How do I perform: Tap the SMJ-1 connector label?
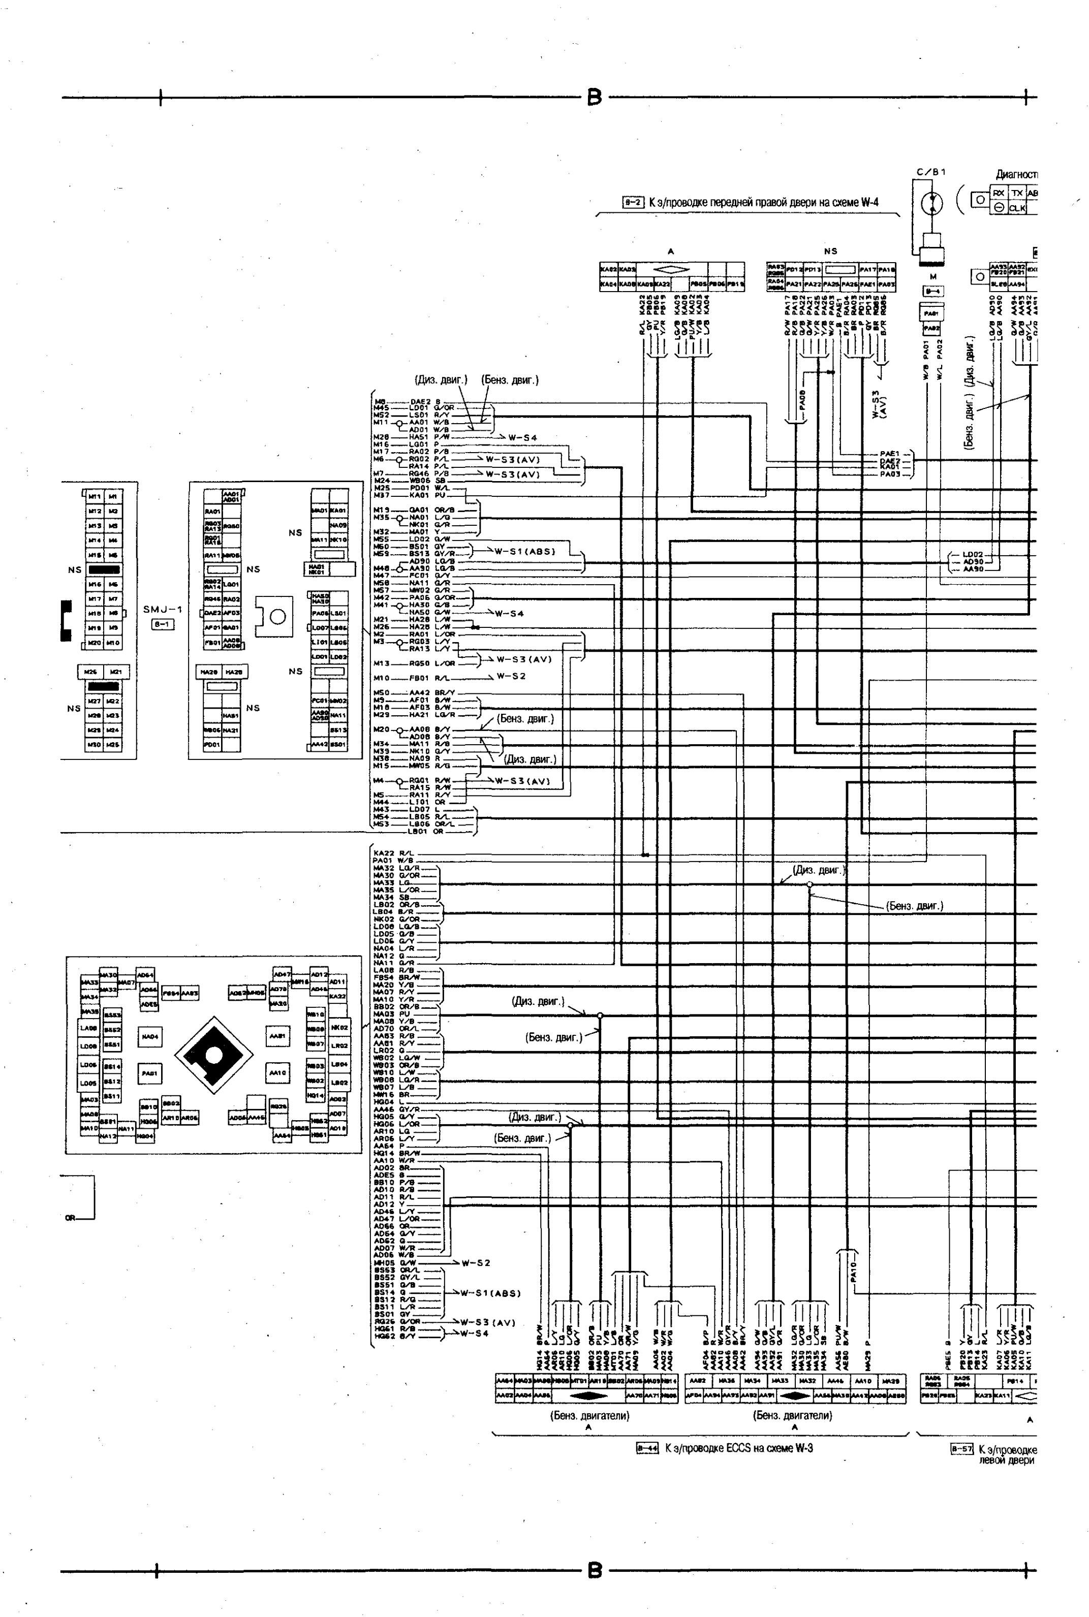(x=163, y=610)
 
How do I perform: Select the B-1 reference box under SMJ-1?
(x=163, y=624)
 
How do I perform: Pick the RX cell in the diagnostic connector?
(x=998, y=194)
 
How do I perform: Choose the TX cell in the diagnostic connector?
(x=1017, y=194)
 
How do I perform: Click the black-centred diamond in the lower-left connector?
(x=213, y=1055)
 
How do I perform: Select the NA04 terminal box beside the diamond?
(x=150, y=1036)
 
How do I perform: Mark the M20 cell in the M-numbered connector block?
(x=95, y=643)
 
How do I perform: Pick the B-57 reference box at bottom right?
(x=961, y=1449)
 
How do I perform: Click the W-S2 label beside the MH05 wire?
(x=476, y=1262)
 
